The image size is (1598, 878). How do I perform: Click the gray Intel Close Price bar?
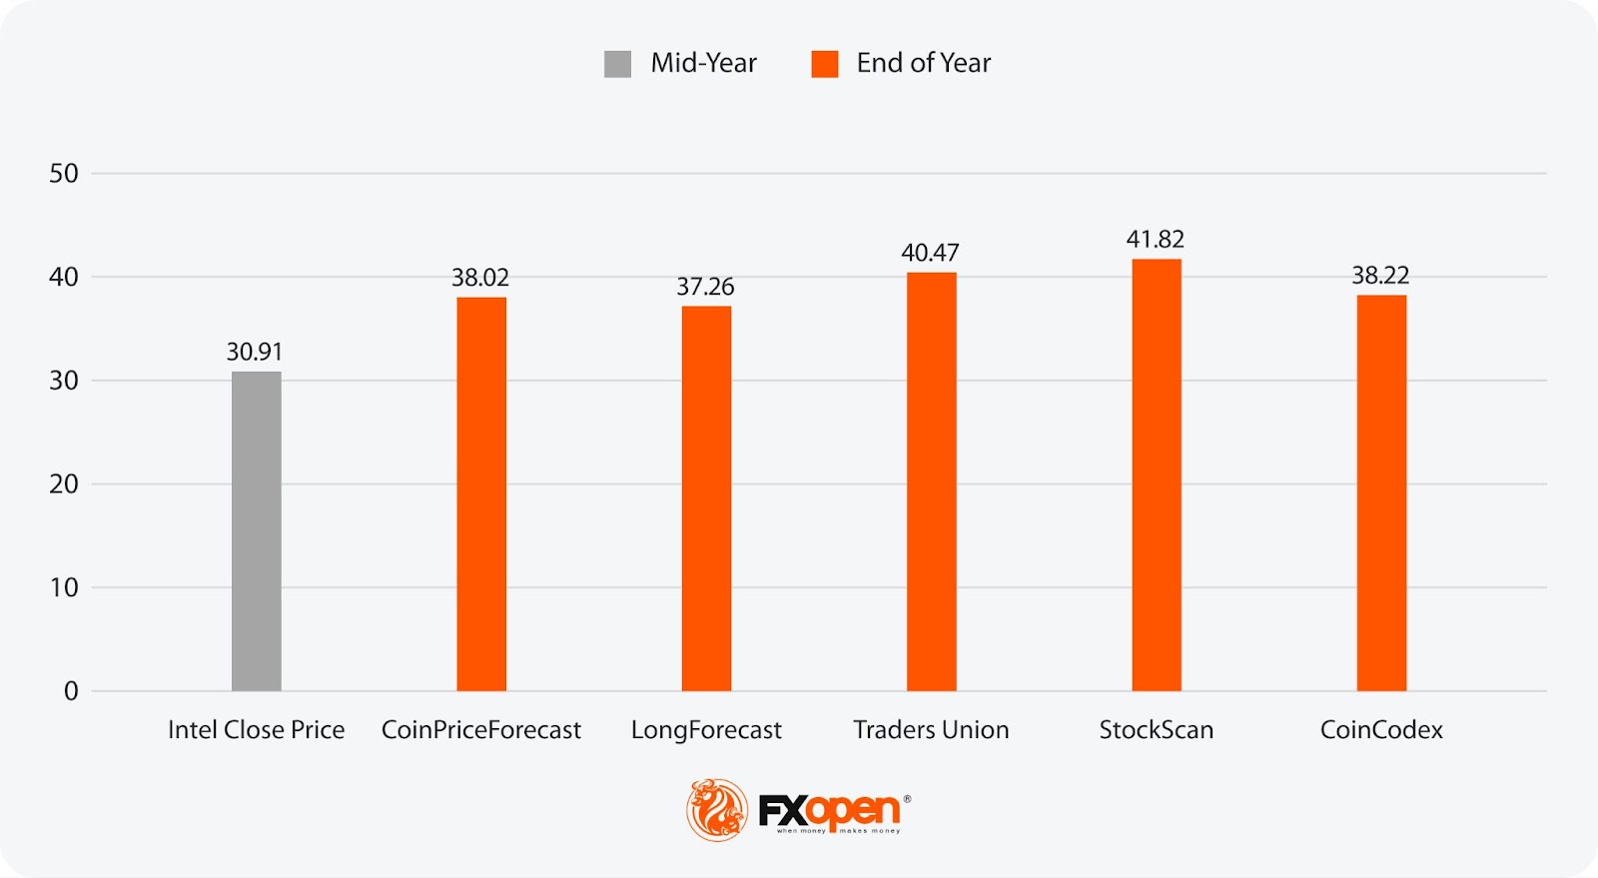tap(256, 530)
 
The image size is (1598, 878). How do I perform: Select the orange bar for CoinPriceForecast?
tap(481, 493)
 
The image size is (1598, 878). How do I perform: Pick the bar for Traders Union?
tap(931, 481)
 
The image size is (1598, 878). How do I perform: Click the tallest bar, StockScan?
tap(1156, 474)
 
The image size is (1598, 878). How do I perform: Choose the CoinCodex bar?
tap(1381, 492)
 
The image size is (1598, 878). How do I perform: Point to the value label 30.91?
tap(255, 352)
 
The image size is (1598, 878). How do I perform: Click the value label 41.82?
tap(1155, 240)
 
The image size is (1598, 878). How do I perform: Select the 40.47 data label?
tap(930, 253)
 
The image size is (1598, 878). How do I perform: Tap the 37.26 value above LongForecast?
tap(705, 287)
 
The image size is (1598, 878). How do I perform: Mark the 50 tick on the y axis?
tap(64, 174)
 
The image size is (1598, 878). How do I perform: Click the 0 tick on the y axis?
tap(71, 691)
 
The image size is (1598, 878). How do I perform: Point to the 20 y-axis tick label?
tap(64, 484)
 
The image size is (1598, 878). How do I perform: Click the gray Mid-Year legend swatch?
tap(617, 64)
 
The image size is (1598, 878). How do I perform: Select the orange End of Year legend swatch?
tap(824, 64)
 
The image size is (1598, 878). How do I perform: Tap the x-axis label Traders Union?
tap(931, 730)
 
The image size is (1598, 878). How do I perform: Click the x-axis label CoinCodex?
tap(1381, 730)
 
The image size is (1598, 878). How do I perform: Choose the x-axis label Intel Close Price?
tap(256, 730)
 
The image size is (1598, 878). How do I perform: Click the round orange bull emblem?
tap(716, 809)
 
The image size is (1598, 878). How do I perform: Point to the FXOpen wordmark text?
tap(829, 810)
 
